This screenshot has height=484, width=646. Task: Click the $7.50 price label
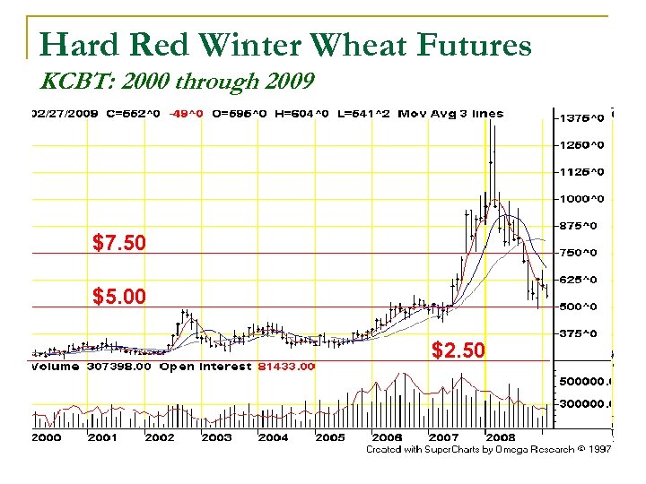pyautogui.click(x=119, y=243)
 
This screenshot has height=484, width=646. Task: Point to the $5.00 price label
pyautogui.click(x=119, y=296)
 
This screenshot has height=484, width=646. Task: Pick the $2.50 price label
pyautogui.click(x=458, y=350)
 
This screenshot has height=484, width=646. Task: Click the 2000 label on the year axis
pyautogui.click(x=47, y=437)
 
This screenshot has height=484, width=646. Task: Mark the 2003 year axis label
pyautogui.click(x=216, y=437)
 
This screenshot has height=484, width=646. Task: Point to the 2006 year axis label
pyautogui.click(x=387, y=437)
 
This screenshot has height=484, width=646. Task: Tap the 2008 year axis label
pyautogui.click(x=500, y=437)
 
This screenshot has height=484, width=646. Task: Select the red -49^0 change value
pyautogui.click(x=188, y=114)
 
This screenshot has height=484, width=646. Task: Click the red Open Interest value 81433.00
pyautogui.click(x=286, y=367)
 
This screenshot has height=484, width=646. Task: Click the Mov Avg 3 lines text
pyautogui.click(x=450, y=114)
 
